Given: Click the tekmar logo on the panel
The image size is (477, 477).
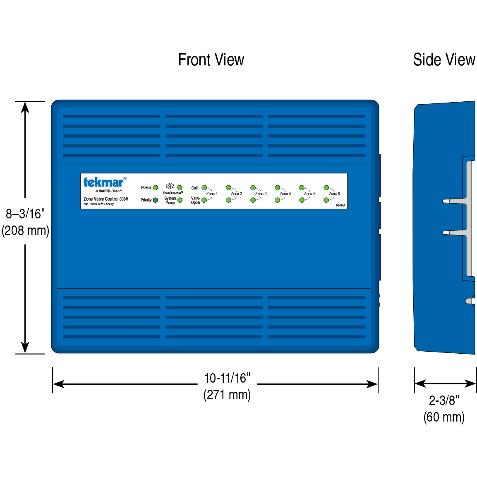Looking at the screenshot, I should point(103,182).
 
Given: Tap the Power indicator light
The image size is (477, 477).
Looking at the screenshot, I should point(156,188).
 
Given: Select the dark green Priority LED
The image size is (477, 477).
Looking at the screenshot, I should point(156,200).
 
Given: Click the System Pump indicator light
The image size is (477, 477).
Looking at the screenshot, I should point(180,200).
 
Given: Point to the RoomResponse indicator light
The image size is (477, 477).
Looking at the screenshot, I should point(180,188).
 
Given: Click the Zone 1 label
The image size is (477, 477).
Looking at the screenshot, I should point(212,194).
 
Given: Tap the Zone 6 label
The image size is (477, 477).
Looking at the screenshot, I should point(334,194).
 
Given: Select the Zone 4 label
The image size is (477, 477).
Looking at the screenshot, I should point(285,194).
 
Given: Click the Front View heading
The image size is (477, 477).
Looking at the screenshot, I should point(211,60).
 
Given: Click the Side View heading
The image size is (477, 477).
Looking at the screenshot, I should point(444,60).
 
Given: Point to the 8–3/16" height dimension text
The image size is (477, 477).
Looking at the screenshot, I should point(25,214).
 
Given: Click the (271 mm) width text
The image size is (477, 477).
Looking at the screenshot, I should point(227,395).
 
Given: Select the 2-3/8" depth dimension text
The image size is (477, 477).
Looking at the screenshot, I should point(444,400).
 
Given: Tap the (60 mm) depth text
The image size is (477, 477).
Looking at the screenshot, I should point(444,417).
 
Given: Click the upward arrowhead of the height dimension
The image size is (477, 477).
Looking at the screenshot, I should point(25,107).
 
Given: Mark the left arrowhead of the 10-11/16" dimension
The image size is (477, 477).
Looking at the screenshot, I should point(58,384).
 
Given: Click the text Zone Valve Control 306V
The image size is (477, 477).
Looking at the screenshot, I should point(106,199).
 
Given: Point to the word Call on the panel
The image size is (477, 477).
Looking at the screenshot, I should point(194,188).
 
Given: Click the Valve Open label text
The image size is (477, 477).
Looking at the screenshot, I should point(195,201).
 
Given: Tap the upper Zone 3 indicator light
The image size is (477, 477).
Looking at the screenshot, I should point(253,188).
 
